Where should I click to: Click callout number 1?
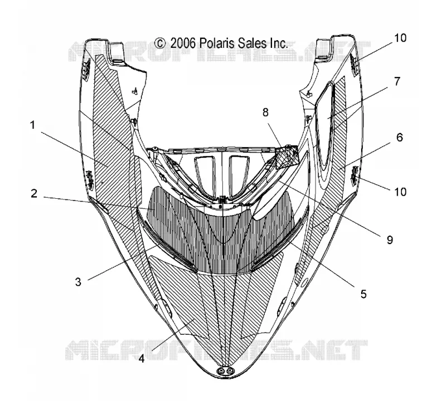[32, 125]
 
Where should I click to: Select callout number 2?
[34, 193]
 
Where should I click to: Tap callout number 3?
[78, 282]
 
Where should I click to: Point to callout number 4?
[142, 359]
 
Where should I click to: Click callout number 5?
[363, 294]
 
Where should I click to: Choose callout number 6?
[399, 137]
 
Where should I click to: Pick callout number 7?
[397, 81]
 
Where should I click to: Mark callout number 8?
[265, 113]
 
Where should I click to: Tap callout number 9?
[390, 240]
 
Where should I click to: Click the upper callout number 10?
[400, 38]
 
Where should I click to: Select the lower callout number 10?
[400, 192]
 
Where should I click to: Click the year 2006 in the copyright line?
[183, 43]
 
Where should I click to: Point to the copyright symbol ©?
[160, 43]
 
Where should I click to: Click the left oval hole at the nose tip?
[220, 370]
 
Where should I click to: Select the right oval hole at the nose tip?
[230, 370]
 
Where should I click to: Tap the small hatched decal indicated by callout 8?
[286, 158]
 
